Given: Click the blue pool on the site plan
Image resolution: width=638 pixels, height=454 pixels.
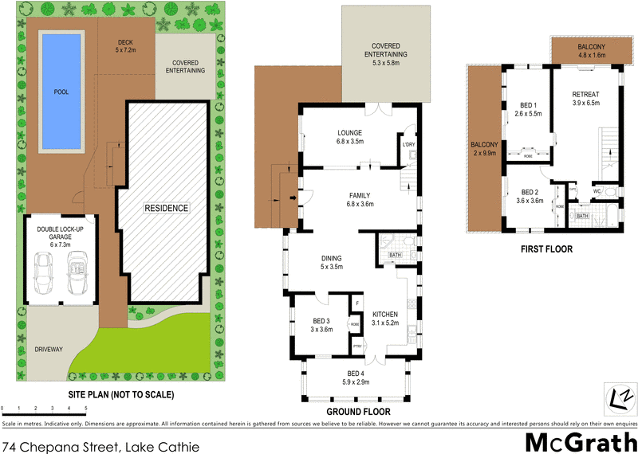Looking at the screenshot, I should (61, 92).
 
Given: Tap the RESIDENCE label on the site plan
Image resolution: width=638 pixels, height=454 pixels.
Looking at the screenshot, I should (166, 209).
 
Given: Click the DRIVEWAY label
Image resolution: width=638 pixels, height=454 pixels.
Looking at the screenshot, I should (50, 349).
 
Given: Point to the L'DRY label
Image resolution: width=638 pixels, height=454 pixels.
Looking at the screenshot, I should (409, 144).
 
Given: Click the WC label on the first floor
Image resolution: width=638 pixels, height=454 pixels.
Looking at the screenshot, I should (597, 192).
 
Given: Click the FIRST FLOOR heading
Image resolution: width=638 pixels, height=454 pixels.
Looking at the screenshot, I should (546, 249).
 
